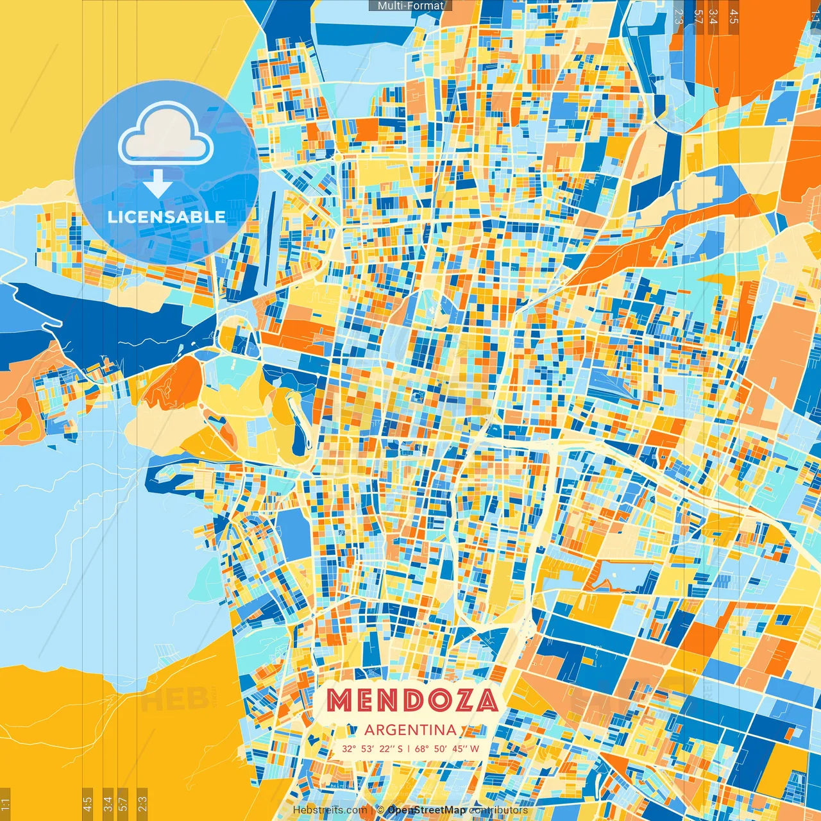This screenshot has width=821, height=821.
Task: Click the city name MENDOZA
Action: pyautogui.click(x=412, y=700)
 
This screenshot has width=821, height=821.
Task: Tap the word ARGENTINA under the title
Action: pyautogui.click(x=410, y=730)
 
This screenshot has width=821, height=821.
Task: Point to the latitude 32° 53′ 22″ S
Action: pyautogui.click(x=372, y=749)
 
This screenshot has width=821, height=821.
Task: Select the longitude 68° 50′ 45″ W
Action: pyautogui.click(x=447, y=749)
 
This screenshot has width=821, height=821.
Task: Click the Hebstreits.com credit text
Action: pyautogui.click(x=330, y=810)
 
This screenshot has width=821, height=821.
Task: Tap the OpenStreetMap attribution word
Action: pyautogui.click(x=427, y=810)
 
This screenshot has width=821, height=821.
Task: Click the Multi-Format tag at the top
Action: pyautogui.click(x=410, y=6)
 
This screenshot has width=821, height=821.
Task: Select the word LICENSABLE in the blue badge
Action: pyautogui.click(x=167, y=217)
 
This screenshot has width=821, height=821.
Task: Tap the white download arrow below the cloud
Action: pyautogui.click(x=157, y=183)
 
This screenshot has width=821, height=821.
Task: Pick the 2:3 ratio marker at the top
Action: pyautogui.click(x=679, y=17)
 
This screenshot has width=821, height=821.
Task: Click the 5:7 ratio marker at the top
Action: pyautogui.click(x=698, y=17)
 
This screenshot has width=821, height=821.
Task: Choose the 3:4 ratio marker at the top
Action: pyautogui.click(x=713, y=17)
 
